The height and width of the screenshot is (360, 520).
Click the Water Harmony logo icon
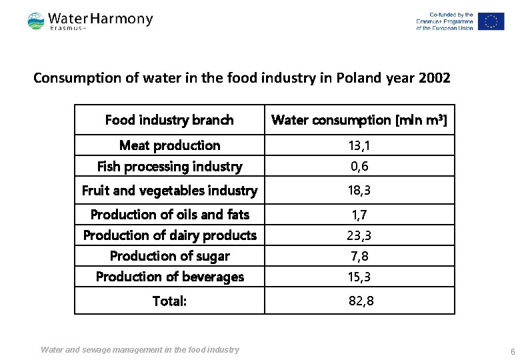click(36, 21)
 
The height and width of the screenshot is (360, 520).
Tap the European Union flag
click(491, 21)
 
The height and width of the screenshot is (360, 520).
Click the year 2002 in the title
click(435, 78)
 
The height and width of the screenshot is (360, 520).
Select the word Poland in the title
click(357, 78)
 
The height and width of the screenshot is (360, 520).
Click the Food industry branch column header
click(169, 120)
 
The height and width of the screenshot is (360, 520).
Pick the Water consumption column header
click(359, 120)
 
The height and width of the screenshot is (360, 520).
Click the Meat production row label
click(169, 145)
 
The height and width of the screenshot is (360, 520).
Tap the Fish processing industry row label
click(169, 166)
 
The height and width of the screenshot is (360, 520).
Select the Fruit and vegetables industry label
click(169, 191)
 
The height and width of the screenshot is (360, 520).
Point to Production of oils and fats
click(169, 215)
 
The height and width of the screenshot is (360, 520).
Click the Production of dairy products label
click(169, 235)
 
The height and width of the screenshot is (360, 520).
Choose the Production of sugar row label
click(169, 256)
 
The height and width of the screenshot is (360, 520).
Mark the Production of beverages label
click(169, 277)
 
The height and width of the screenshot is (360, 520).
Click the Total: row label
click(169, 301)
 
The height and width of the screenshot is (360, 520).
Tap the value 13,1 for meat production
click(359, 145)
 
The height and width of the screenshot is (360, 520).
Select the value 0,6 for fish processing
click(359, 166)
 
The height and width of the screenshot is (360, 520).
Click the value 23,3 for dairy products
click(359, 235)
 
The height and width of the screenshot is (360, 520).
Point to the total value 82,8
click(361, 301)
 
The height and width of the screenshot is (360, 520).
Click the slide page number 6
click(512, 351)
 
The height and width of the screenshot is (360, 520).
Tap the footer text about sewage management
click(140, 349)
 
